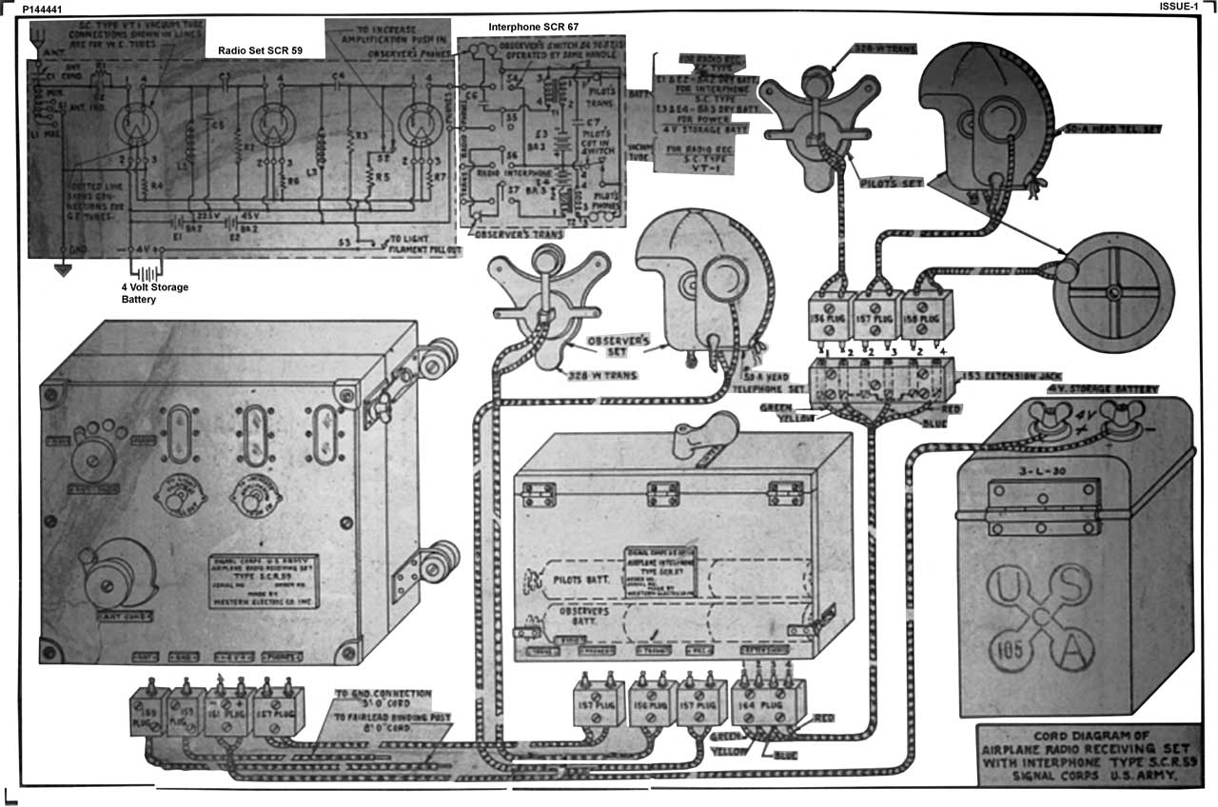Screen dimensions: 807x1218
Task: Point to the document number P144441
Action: pos(43,8)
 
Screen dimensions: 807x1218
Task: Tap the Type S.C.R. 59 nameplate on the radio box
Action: pos(265,580)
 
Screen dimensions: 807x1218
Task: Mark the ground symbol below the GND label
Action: pos(64,269)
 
